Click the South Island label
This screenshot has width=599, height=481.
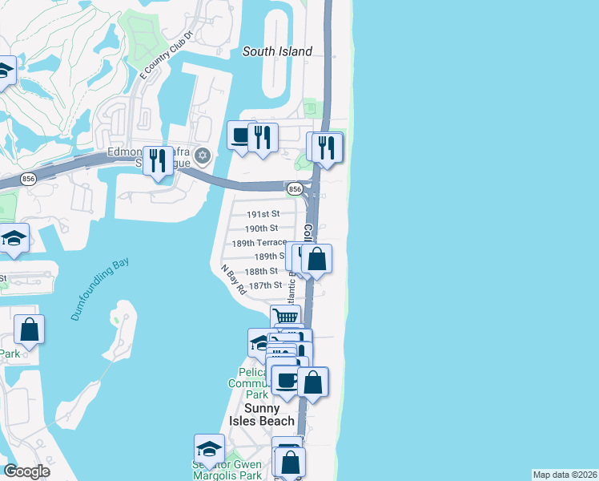coord(277,51)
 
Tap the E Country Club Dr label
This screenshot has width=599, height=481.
coord(167,55)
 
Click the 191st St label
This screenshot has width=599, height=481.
coord(263,214)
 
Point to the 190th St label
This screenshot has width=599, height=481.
coord(262,228)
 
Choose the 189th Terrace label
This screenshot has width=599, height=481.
coord(259,242)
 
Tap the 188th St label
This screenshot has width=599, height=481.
coord(262,271)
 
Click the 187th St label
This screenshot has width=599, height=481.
coord(265,285)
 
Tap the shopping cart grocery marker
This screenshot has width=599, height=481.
coord(284,317)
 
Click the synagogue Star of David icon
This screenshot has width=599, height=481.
coord(203,155)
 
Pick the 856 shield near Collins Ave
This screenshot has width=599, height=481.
coord(295,188)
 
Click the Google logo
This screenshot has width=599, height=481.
coord(26,471)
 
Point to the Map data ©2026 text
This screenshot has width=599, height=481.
coord(565,475)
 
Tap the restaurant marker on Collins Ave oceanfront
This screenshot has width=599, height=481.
coord(327,148)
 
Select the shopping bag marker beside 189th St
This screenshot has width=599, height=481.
coord(316,259)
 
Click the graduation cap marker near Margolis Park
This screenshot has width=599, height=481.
coord(209,448)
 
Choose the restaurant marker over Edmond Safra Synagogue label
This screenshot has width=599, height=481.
coord(157,160)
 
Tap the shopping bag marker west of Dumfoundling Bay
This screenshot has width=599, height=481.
coord(29,329)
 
